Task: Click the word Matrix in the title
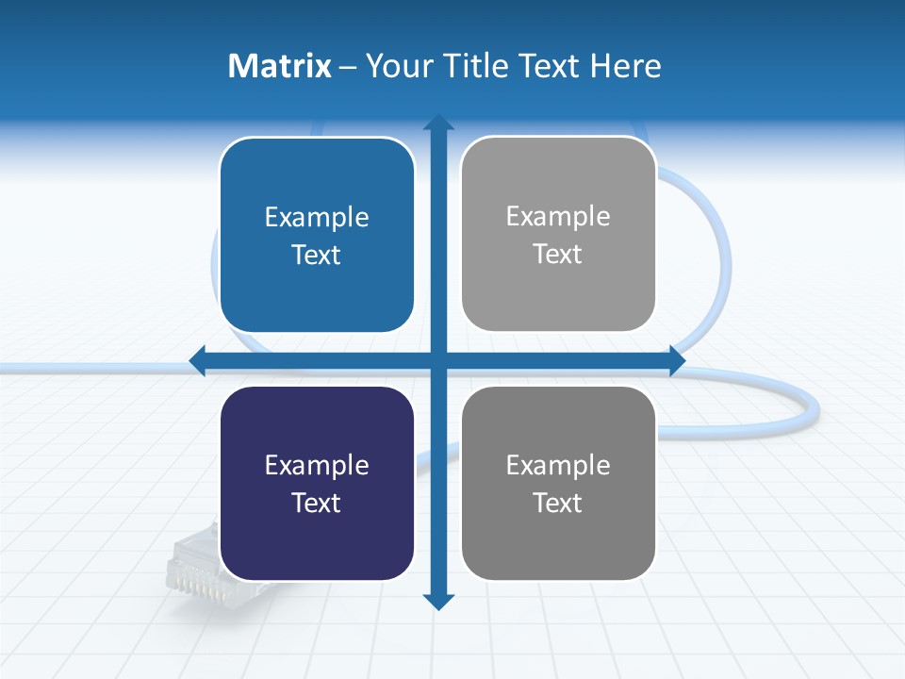(279, 66)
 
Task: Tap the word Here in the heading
(626, 66)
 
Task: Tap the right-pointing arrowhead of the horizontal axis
(676, 360)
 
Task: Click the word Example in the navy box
(317, 465)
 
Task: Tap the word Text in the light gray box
(558, 254)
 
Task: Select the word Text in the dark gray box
(558, 503)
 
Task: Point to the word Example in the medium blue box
(317, 217)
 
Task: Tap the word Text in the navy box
(317, 503)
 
